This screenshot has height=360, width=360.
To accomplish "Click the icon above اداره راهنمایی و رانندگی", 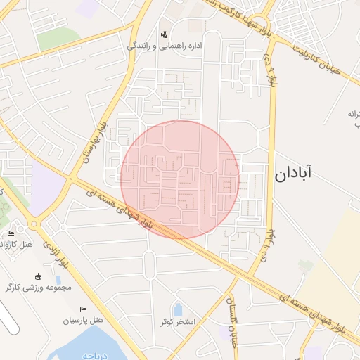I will [x=165, y=33].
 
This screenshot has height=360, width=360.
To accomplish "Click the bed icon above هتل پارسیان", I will [x=84, y=309].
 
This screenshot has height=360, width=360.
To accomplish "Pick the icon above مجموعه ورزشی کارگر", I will [x=38, y=276].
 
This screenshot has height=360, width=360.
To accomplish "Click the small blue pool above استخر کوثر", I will [x=178, y=309].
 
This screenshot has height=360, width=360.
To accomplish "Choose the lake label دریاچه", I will [x=96, y=356].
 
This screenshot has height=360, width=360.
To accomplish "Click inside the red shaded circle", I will [x=180, y=179].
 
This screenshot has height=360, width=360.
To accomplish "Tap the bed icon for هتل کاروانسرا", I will [x=10, y=234].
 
